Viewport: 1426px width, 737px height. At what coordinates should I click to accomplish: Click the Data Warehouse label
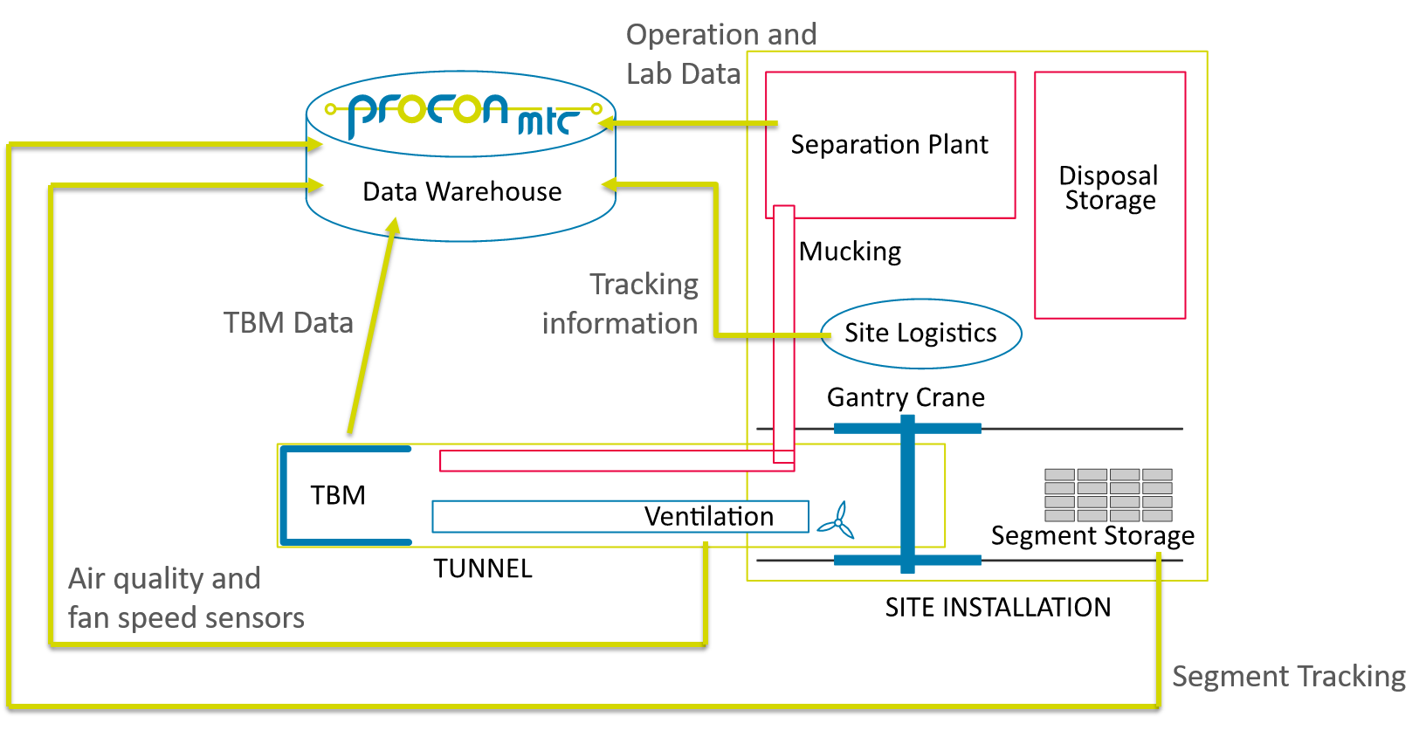coord(462,191)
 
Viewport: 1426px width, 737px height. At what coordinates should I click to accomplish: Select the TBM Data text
coord(288,323)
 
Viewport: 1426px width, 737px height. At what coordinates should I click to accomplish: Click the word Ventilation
coord(708,516)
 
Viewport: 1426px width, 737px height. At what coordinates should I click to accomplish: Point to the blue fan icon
coord(837,520)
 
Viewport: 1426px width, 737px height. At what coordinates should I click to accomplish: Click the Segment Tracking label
coord(1288,677)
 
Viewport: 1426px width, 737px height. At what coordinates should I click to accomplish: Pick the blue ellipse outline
coord(921,334)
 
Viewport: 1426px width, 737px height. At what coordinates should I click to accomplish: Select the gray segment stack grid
coord(1108,495)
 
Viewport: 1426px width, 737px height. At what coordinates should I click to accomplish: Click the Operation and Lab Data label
coord(721,54)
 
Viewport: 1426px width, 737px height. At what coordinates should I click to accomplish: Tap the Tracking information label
coord(622,304)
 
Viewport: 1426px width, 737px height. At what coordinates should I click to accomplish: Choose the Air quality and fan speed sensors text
coord(186,598)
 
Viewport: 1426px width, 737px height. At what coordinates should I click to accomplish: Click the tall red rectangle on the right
coord(1110,195)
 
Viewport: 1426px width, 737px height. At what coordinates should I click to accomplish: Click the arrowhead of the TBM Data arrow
coord(394,226)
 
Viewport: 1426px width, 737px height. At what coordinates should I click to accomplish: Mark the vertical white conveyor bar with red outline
coord(784,332)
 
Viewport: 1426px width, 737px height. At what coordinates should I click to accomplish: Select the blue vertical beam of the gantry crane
coord(907,493)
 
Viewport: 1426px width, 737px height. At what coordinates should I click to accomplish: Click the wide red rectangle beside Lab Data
coord(890,145)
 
